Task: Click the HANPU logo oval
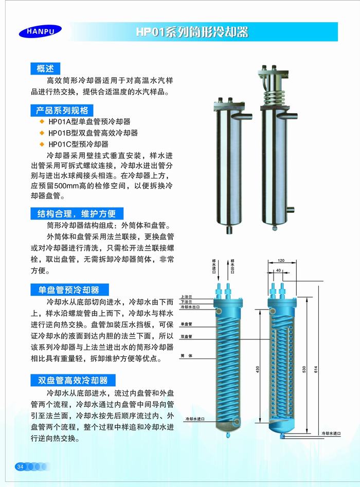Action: click(40, 31)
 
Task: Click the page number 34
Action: click(21, 466)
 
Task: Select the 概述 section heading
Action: click(45, 68)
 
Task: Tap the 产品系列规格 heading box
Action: click(62, 110)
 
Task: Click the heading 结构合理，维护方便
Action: click(77, 214)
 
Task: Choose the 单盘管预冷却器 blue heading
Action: click(69, 290)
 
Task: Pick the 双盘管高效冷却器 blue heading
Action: click(73, 380)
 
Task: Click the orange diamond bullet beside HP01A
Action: click(42, 121)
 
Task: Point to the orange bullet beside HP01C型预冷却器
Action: click(42, 144)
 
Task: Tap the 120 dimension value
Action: click(281, 261)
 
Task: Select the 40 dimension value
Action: click(278, 270)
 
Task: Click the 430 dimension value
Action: click(258, 369)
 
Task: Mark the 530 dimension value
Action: click(304, 369)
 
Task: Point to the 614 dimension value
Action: click(316, 369)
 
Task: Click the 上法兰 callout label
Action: click(186, 297)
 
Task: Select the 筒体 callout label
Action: click(186, 356)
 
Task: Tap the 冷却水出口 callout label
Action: click(190, 307)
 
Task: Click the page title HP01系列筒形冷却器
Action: click(192, 32)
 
